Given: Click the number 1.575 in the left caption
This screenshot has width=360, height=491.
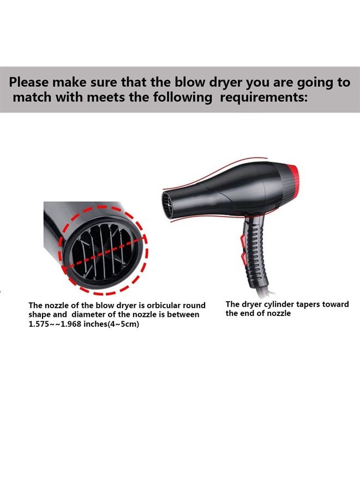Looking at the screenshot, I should [41, 324].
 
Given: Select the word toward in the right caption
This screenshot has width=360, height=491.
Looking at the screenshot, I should [335, 304].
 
